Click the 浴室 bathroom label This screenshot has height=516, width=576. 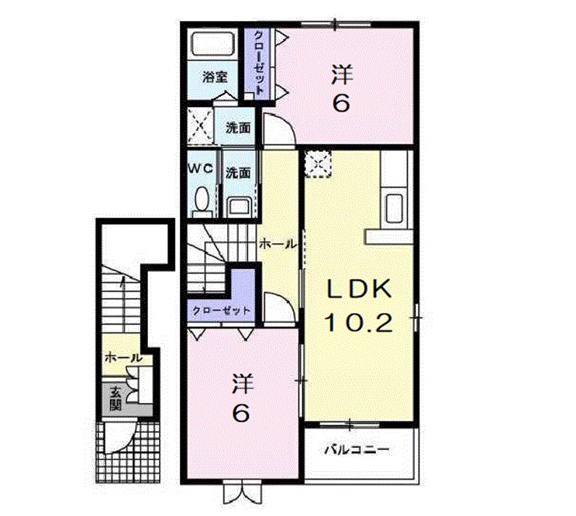coord(215,77)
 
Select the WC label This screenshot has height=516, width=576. coord(201,169)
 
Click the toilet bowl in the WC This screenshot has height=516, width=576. coord(202,198)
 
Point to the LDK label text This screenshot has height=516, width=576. coord(359,290)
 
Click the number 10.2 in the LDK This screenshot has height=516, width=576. coord(358,323)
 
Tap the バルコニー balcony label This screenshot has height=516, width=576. coord(357,449)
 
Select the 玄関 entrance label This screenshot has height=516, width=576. coord(116,398)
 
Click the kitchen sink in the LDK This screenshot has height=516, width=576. coord(394,208)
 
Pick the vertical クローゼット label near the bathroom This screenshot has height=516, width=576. coord(259,63)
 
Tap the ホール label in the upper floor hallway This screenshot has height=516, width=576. coord(278,244)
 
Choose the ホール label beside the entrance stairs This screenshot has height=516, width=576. coord(122,357)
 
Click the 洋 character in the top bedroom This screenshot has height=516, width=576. coord(342,74)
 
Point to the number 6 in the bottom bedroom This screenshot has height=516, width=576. coord(241,414)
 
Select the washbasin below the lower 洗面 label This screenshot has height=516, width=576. coord(239,205)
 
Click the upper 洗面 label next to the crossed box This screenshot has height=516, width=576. coord(238,128)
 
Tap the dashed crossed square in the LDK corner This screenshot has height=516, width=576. coord(318,163)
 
